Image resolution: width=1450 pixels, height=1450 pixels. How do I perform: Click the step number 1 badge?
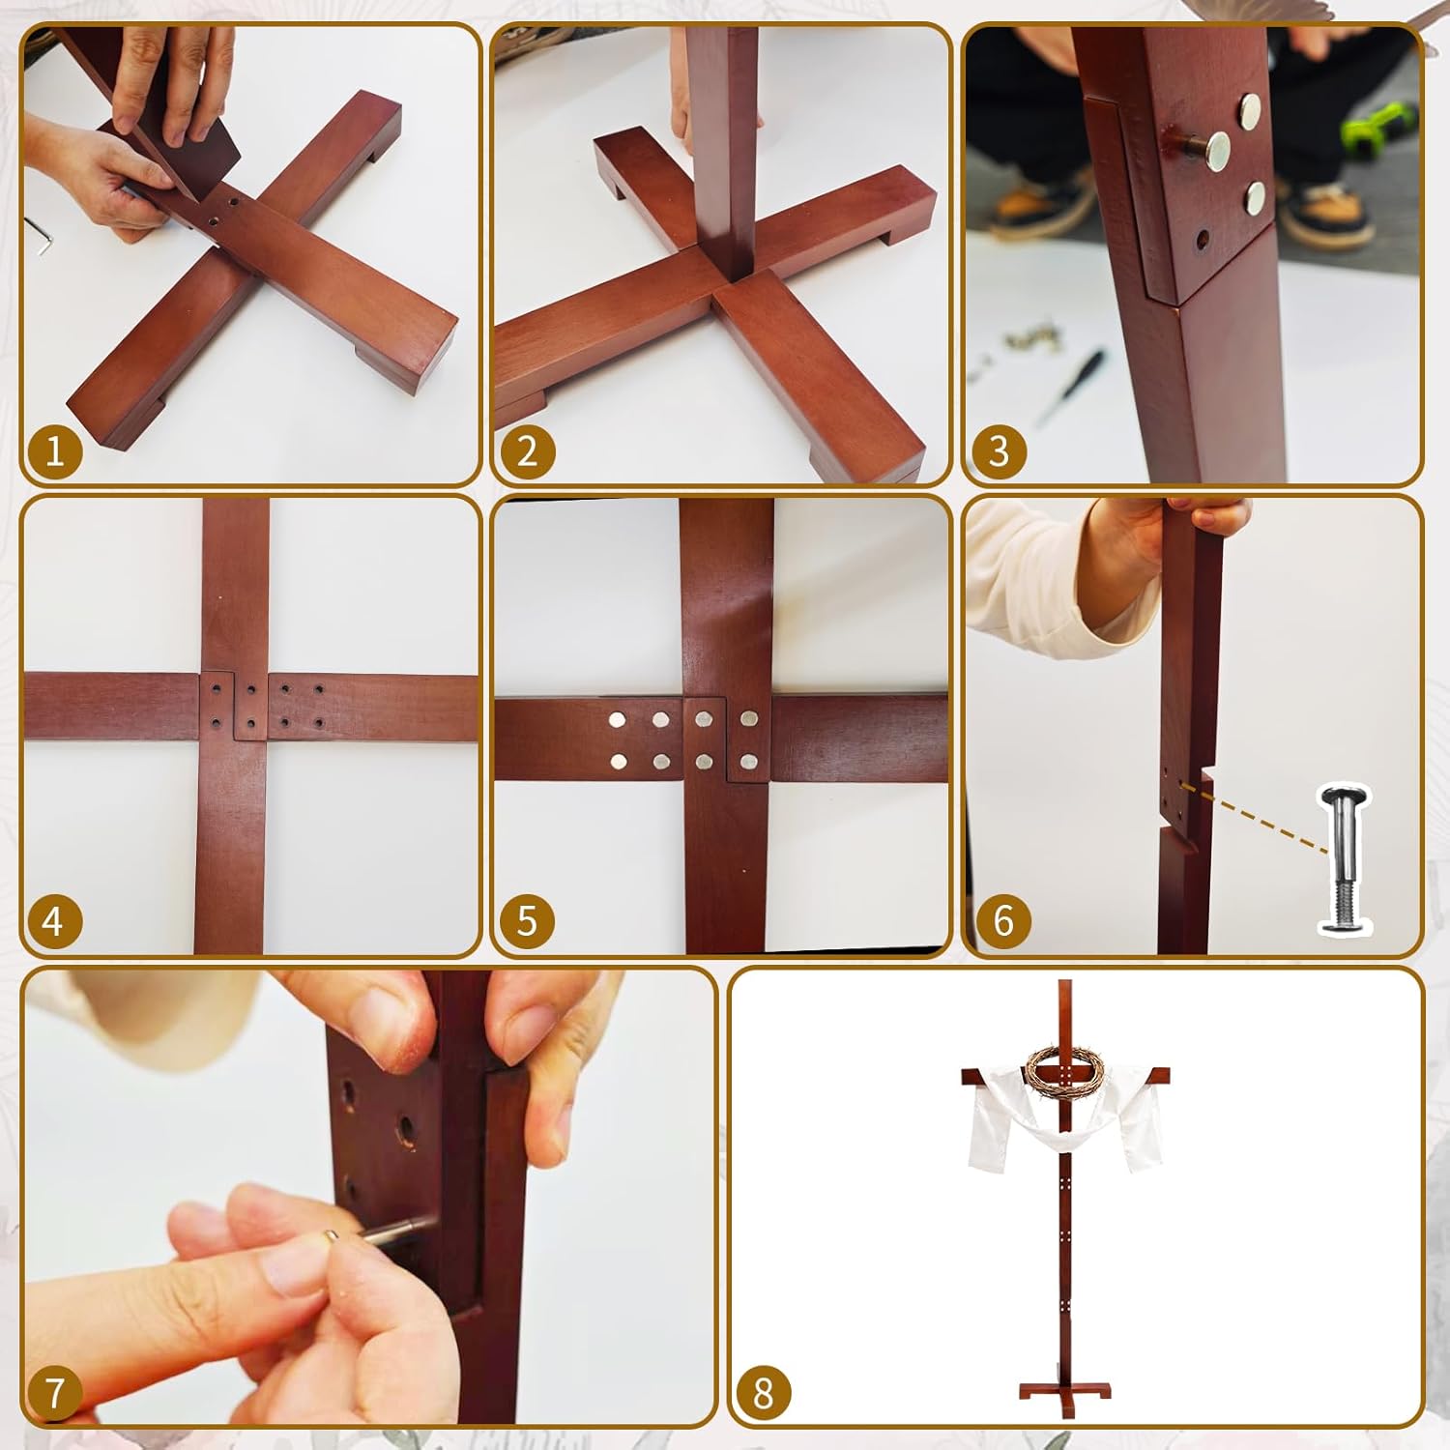pyautogui.click(x=54, y=450)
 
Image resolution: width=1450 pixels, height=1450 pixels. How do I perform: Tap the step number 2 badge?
pyautogui.click(x=527, y=450)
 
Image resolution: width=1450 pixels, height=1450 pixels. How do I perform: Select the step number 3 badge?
pyautogui.click(x=999, y=450)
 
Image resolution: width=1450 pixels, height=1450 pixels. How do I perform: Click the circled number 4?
pyautogui.click(x=54, y=920)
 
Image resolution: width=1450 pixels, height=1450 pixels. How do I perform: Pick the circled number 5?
pyautogui.click(x=527, y=920)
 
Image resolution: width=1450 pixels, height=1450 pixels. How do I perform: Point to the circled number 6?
pyautogui.click(x=1002, y=920)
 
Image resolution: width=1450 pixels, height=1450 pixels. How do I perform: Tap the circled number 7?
pyautogui.click(x=54, y=1392)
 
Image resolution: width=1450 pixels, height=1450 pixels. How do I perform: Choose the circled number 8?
pyautogui.click(x=763, y=1392)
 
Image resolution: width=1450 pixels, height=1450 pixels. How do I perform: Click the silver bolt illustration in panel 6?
pyautogui.click(x=1345, y=860)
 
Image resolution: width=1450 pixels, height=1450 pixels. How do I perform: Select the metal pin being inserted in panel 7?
pyautogui.click(x=382, y=1230)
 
